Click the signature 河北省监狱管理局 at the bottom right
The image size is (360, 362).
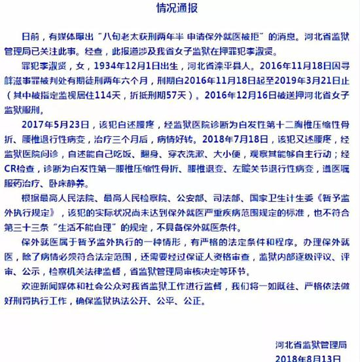coord(312,345)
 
